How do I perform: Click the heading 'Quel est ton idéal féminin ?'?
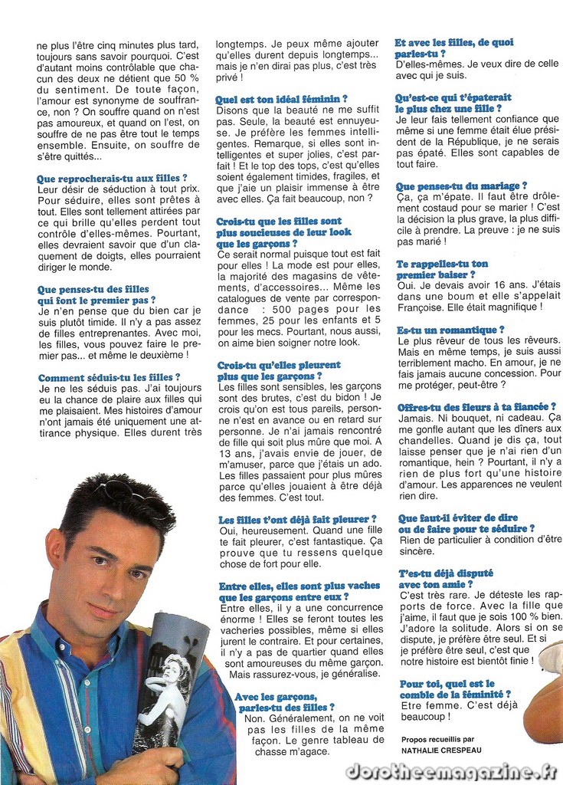(281, 99)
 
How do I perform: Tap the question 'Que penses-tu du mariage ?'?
(461, 186)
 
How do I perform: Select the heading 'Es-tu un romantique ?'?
(450, 330)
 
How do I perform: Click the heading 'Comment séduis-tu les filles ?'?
(109, 377)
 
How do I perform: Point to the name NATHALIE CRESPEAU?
(442, 751)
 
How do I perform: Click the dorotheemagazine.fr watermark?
(451, 771)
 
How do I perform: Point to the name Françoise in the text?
(422, 307)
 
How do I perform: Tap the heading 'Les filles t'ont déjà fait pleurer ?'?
(297, 520)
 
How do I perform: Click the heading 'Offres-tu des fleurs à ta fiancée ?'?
(476, 406)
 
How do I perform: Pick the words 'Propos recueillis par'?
(437, 740)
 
